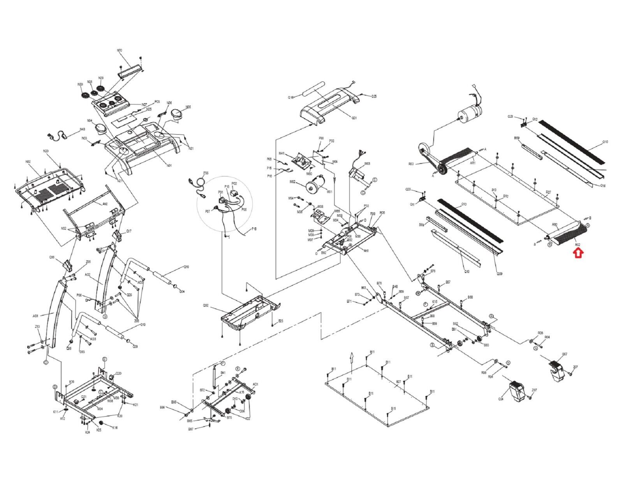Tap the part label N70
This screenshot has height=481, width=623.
[120, 51]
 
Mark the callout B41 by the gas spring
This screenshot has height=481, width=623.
[223, 373]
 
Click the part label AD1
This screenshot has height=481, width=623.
[256, 384]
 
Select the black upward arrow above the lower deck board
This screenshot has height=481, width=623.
[351, 357]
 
